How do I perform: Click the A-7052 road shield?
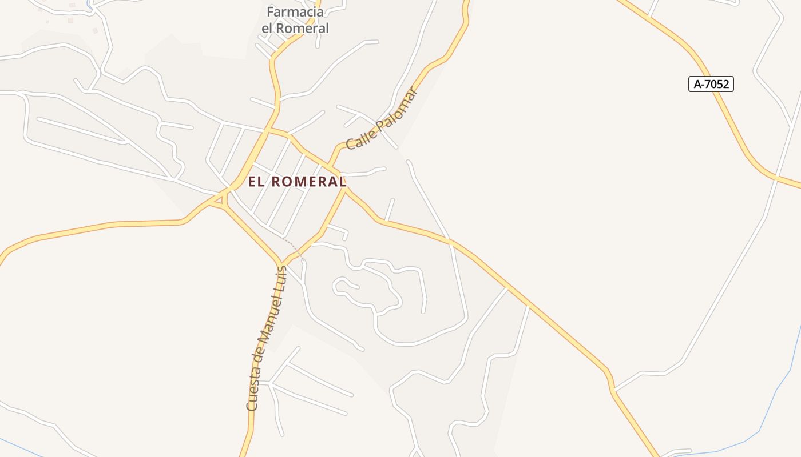point(711,85)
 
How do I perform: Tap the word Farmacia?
point(295,12)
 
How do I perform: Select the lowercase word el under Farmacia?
point(269,28)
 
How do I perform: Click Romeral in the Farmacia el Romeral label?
point(304,28)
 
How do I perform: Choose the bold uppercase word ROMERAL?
point(308,182)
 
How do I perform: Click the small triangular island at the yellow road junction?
point(218,199)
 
